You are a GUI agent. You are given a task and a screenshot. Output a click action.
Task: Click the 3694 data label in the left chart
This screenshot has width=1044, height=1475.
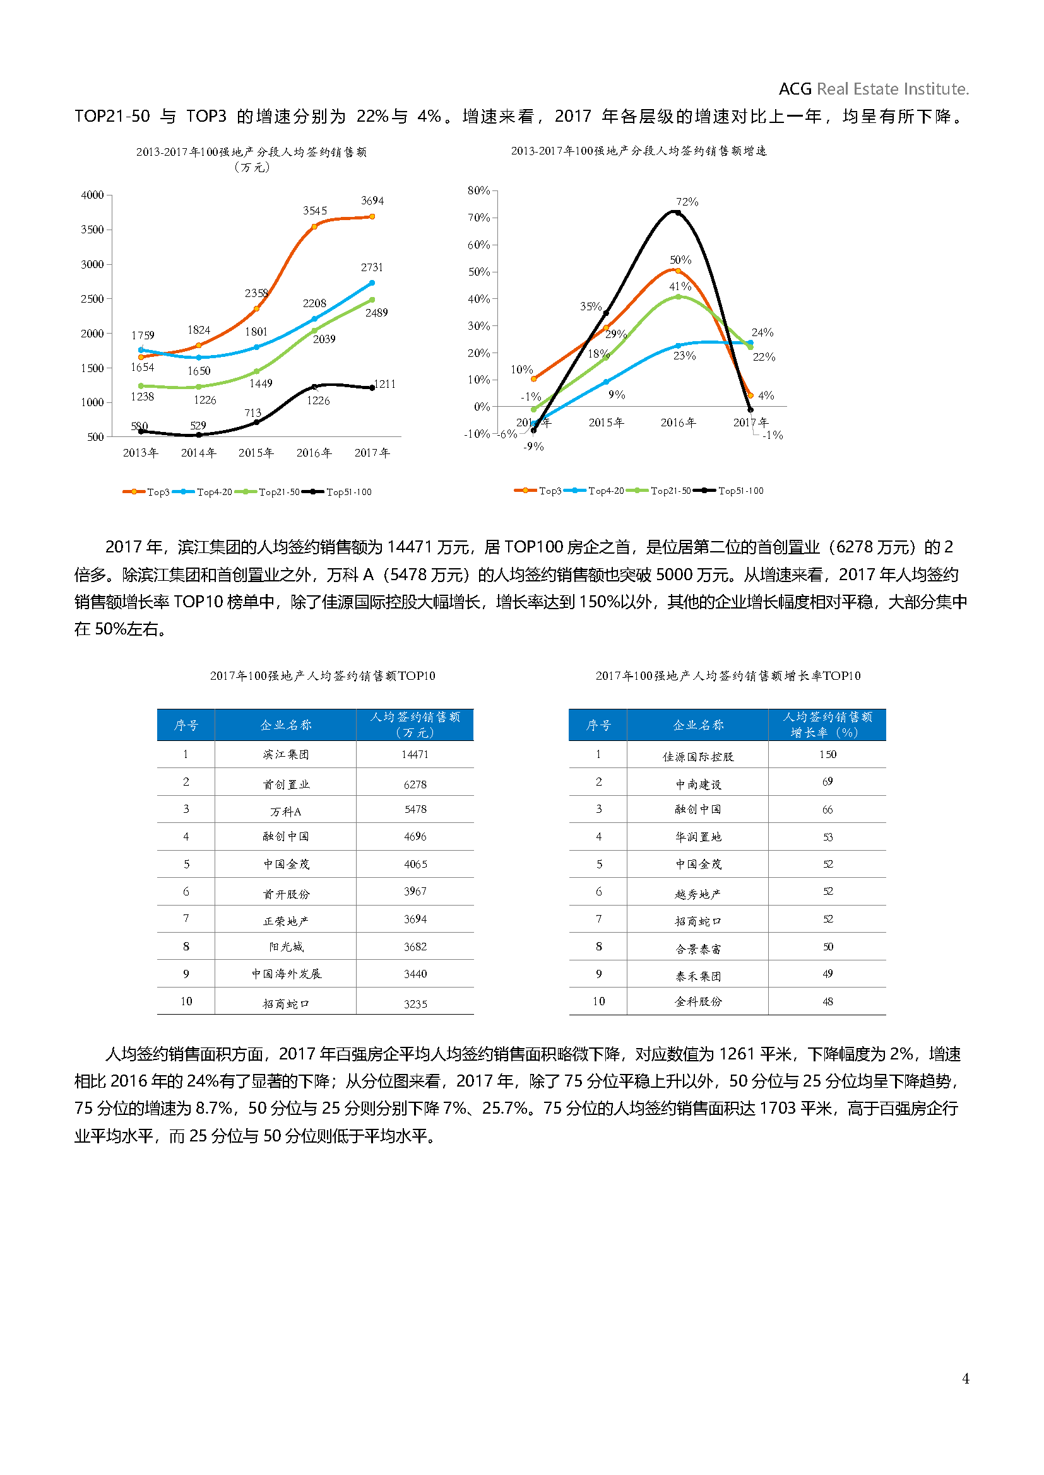pos(372,201)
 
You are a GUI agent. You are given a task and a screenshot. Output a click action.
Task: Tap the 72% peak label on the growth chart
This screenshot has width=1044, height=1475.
pos(687,202)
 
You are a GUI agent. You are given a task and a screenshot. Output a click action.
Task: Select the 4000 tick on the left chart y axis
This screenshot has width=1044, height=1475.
pos(92,195)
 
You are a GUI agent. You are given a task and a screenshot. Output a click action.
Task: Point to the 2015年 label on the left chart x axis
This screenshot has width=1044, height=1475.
pos(256,453)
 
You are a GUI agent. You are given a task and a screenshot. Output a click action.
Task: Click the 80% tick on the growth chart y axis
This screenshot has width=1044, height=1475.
pos(478,190)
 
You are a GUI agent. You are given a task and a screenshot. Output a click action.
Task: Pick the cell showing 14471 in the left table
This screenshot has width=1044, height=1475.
pos(415,754)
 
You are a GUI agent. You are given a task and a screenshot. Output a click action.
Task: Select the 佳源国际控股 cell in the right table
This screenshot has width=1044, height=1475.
pos(698,757)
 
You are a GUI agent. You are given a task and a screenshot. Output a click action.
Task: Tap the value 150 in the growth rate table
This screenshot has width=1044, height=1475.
pos(827,754)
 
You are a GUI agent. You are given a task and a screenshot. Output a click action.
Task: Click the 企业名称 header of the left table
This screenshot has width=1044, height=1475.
pos(285,725)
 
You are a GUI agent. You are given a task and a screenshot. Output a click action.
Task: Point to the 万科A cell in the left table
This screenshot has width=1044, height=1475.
pos(285,812)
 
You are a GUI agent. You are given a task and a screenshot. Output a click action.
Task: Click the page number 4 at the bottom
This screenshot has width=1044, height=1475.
pos(965,1378)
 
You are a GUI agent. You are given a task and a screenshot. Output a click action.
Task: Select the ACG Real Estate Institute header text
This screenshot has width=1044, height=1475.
pos(873,89)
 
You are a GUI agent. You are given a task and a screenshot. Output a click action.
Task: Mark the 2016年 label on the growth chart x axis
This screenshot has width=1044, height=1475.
pos(678,423)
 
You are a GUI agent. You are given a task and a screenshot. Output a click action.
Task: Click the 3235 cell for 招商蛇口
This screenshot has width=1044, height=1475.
pos(415,1003)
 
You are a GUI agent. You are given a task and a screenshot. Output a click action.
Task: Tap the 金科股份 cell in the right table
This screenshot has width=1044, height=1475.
pos(698,1001)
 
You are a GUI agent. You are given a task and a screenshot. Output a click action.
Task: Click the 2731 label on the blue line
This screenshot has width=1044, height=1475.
pos(372,267)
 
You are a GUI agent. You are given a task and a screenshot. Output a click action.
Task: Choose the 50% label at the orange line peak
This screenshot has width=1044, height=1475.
pos(680,260)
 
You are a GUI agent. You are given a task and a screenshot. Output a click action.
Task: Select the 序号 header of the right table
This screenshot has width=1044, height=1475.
pos(598,725)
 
